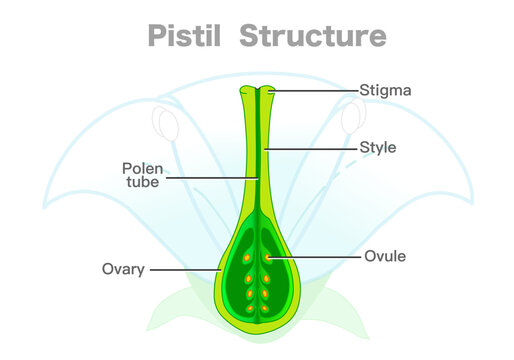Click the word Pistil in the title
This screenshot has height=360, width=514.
(x=181, y=37)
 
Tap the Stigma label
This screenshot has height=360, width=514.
(x=385, y=90)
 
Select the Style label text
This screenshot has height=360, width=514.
(x=378, y=148)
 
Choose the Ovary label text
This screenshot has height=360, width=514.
(x=124, y=269)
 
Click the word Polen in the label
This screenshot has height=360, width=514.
(x=143, y=167)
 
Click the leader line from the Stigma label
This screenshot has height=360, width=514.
(x=315, y=90)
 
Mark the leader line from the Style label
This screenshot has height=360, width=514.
(x=315, y=148)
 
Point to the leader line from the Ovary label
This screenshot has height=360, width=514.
(x=185, y=269)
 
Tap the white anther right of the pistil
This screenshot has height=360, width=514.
(x=350, y=122)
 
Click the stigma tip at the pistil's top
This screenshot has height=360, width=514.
(x=256, y=92)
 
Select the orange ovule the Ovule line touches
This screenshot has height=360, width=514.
(x=267, y=257)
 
